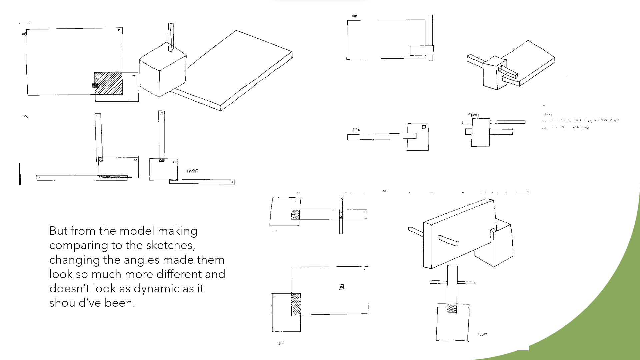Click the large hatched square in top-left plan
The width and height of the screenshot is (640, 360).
[x=108, y=84]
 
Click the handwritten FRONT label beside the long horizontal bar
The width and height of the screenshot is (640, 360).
[x=192, y=171]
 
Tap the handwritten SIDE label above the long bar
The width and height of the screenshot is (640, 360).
[x=356, y=130]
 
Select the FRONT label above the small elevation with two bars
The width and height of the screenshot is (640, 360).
[x=474, y=115]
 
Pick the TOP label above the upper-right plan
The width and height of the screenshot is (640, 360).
[x=355, y=16]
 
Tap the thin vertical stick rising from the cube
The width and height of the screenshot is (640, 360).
[x=171, y=37]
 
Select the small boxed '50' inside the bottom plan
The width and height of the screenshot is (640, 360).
[x=341, y=287]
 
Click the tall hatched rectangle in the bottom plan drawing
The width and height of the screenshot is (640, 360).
[x=296, y=304]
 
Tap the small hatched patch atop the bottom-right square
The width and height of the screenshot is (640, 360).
[x=452, y=308]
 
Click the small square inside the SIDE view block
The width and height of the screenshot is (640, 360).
[x=424, y=127]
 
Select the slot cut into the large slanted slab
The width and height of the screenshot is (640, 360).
[x=448, y=240]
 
